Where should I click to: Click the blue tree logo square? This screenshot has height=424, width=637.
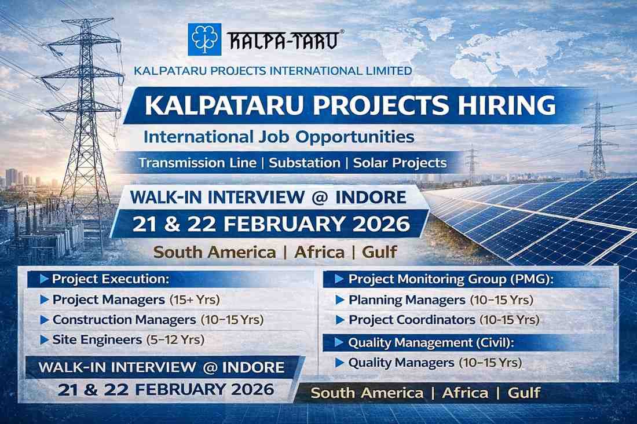(204, 39)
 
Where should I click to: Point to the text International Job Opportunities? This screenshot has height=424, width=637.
(279, 137)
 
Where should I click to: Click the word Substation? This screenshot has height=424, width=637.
(305, 163)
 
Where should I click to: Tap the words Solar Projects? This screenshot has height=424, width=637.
(400, 163)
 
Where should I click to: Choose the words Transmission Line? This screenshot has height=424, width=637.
(197, 163)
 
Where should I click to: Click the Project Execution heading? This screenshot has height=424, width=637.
(110, 279)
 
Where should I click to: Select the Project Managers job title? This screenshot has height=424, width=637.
(108, 300)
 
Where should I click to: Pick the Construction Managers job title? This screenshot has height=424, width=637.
(124, 320)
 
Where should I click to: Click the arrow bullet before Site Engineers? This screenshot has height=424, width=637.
(45, 340)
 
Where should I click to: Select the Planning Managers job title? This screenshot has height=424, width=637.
(407, 300)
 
